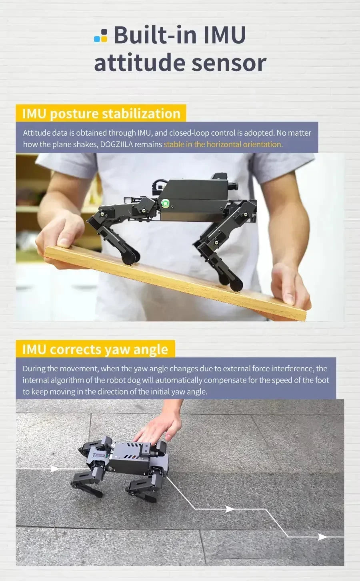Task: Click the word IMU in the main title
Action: (224, 35)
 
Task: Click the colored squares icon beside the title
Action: (100, 36)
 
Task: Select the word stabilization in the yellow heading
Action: (141, 114)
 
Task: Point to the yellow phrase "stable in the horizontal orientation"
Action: (223, 144)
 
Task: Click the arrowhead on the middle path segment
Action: (230, 509)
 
